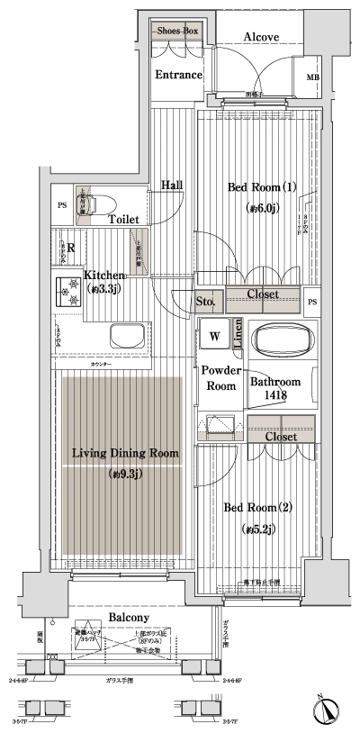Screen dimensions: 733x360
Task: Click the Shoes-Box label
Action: click(177, 31)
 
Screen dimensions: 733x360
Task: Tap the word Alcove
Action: click(261, 37)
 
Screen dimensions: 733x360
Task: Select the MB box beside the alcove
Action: click(312, 79)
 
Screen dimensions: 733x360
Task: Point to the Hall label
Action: click(172, 185)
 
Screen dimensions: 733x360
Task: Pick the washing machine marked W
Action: click(215, 335)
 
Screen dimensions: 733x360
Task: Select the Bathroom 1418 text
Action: click(274, 389)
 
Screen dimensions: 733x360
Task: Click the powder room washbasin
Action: click(219, 426)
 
